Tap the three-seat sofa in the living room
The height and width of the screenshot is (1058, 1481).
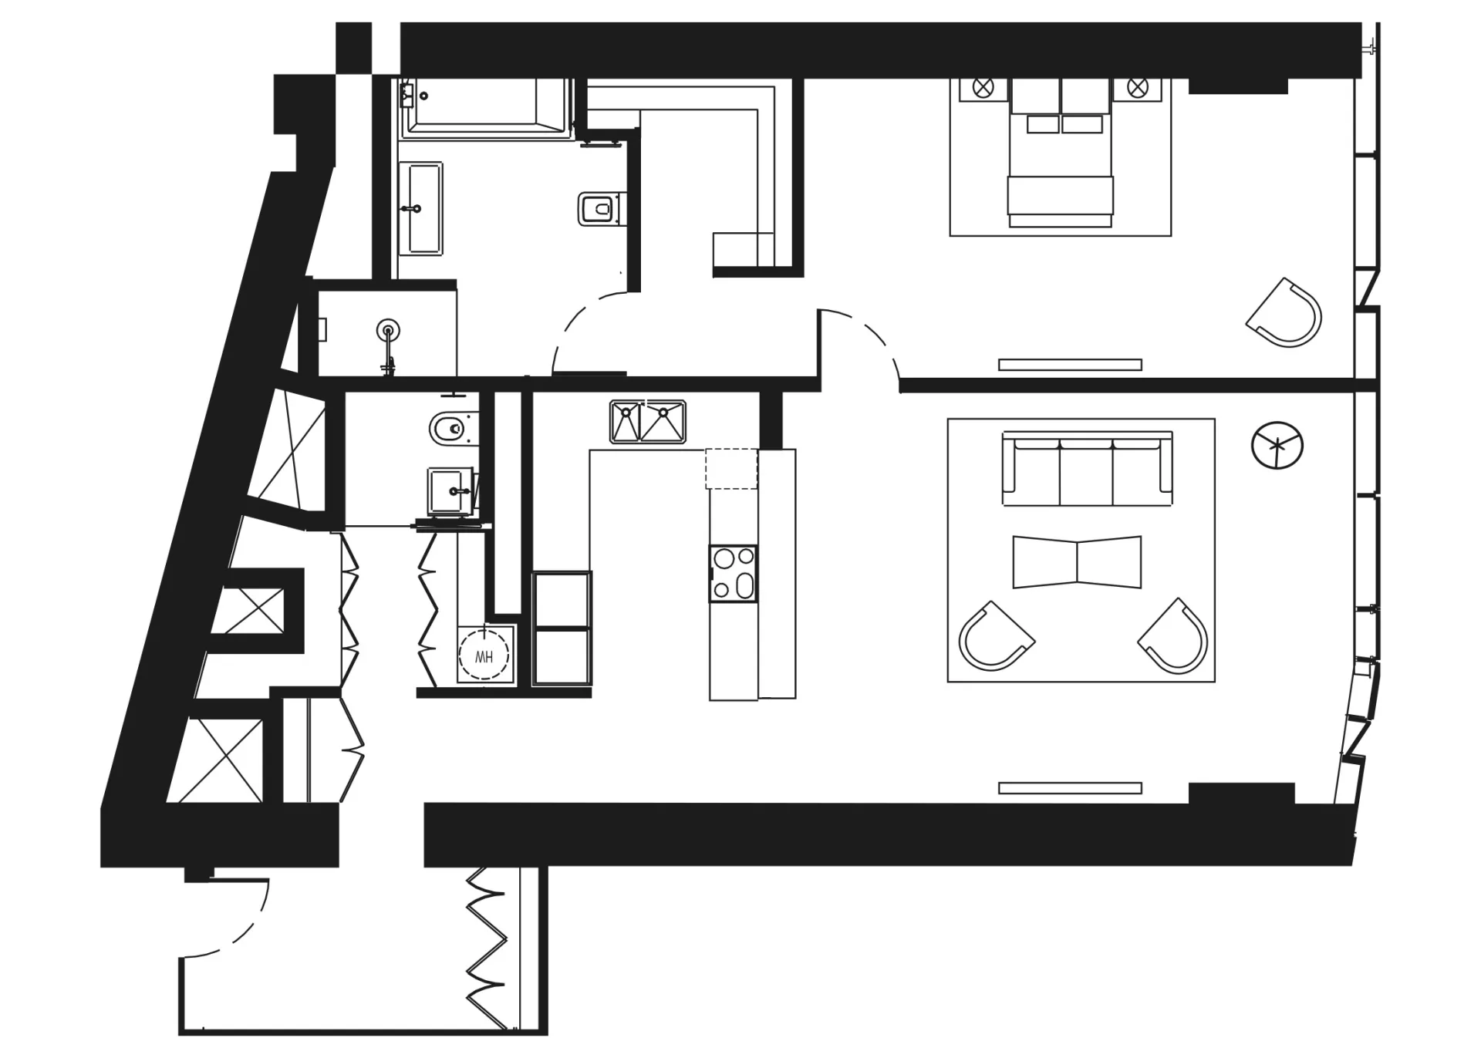(1087, 469)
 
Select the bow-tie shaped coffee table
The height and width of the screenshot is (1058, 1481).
(1077, 561)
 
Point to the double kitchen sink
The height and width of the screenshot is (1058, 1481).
(648, 421)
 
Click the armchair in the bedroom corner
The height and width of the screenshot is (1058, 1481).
(1284, 312)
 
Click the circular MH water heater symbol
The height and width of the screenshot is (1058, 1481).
(484, 656)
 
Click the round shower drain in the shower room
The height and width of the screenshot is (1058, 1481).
(389, 331)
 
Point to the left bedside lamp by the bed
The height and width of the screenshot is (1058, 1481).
(983, 87)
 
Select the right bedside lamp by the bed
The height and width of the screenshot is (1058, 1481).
(1138, 87)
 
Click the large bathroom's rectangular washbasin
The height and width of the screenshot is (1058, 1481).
(420, 208)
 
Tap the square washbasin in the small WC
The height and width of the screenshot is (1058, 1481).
(450, 490)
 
